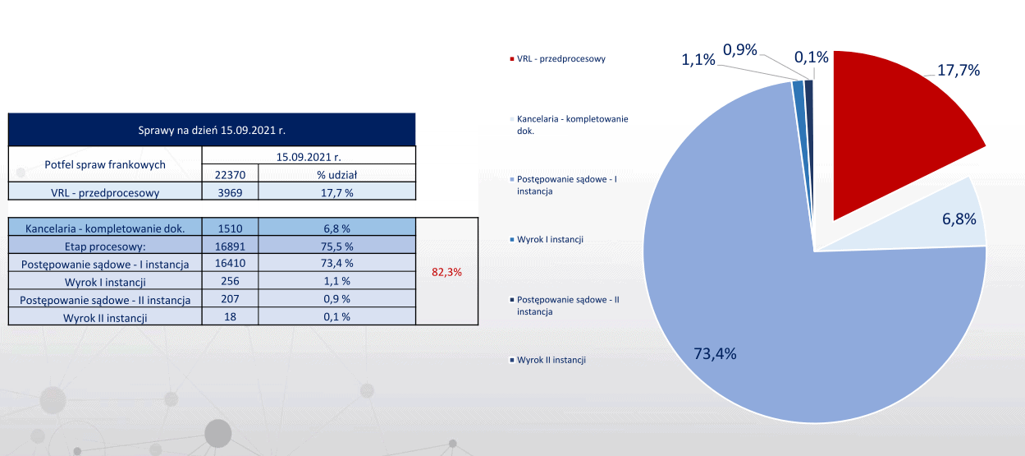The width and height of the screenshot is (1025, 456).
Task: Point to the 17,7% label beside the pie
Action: (x=959, y=71)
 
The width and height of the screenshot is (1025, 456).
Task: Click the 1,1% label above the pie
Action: (x=698, y=59)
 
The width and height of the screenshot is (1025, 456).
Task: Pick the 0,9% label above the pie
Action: (x=739, y=51)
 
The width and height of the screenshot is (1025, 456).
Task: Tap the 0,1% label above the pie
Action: (x=811, y=58)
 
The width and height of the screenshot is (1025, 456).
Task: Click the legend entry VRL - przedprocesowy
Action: (x=561, y=59)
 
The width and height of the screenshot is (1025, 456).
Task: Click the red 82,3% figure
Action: (x=447, y=272)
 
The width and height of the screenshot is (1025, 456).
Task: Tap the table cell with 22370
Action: (x=230, y=174)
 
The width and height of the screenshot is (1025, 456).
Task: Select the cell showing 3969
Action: (x=230, y=193)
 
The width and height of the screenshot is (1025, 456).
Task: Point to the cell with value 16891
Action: (x=230, y=246)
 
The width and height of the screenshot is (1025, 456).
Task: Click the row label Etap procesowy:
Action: (x=104, y=246)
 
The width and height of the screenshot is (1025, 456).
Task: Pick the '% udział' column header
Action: (x=336, y=174)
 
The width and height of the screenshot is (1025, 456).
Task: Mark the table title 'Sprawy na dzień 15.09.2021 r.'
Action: (x=211, y=130)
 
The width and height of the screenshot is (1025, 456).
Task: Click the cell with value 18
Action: (x=230, y=316)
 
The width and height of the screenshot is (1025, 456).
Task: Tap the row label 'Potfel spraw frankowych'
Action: (x=104, y=164)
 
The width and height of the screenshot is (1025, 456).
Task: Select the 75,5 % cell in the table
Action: (x=336, y=246)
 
